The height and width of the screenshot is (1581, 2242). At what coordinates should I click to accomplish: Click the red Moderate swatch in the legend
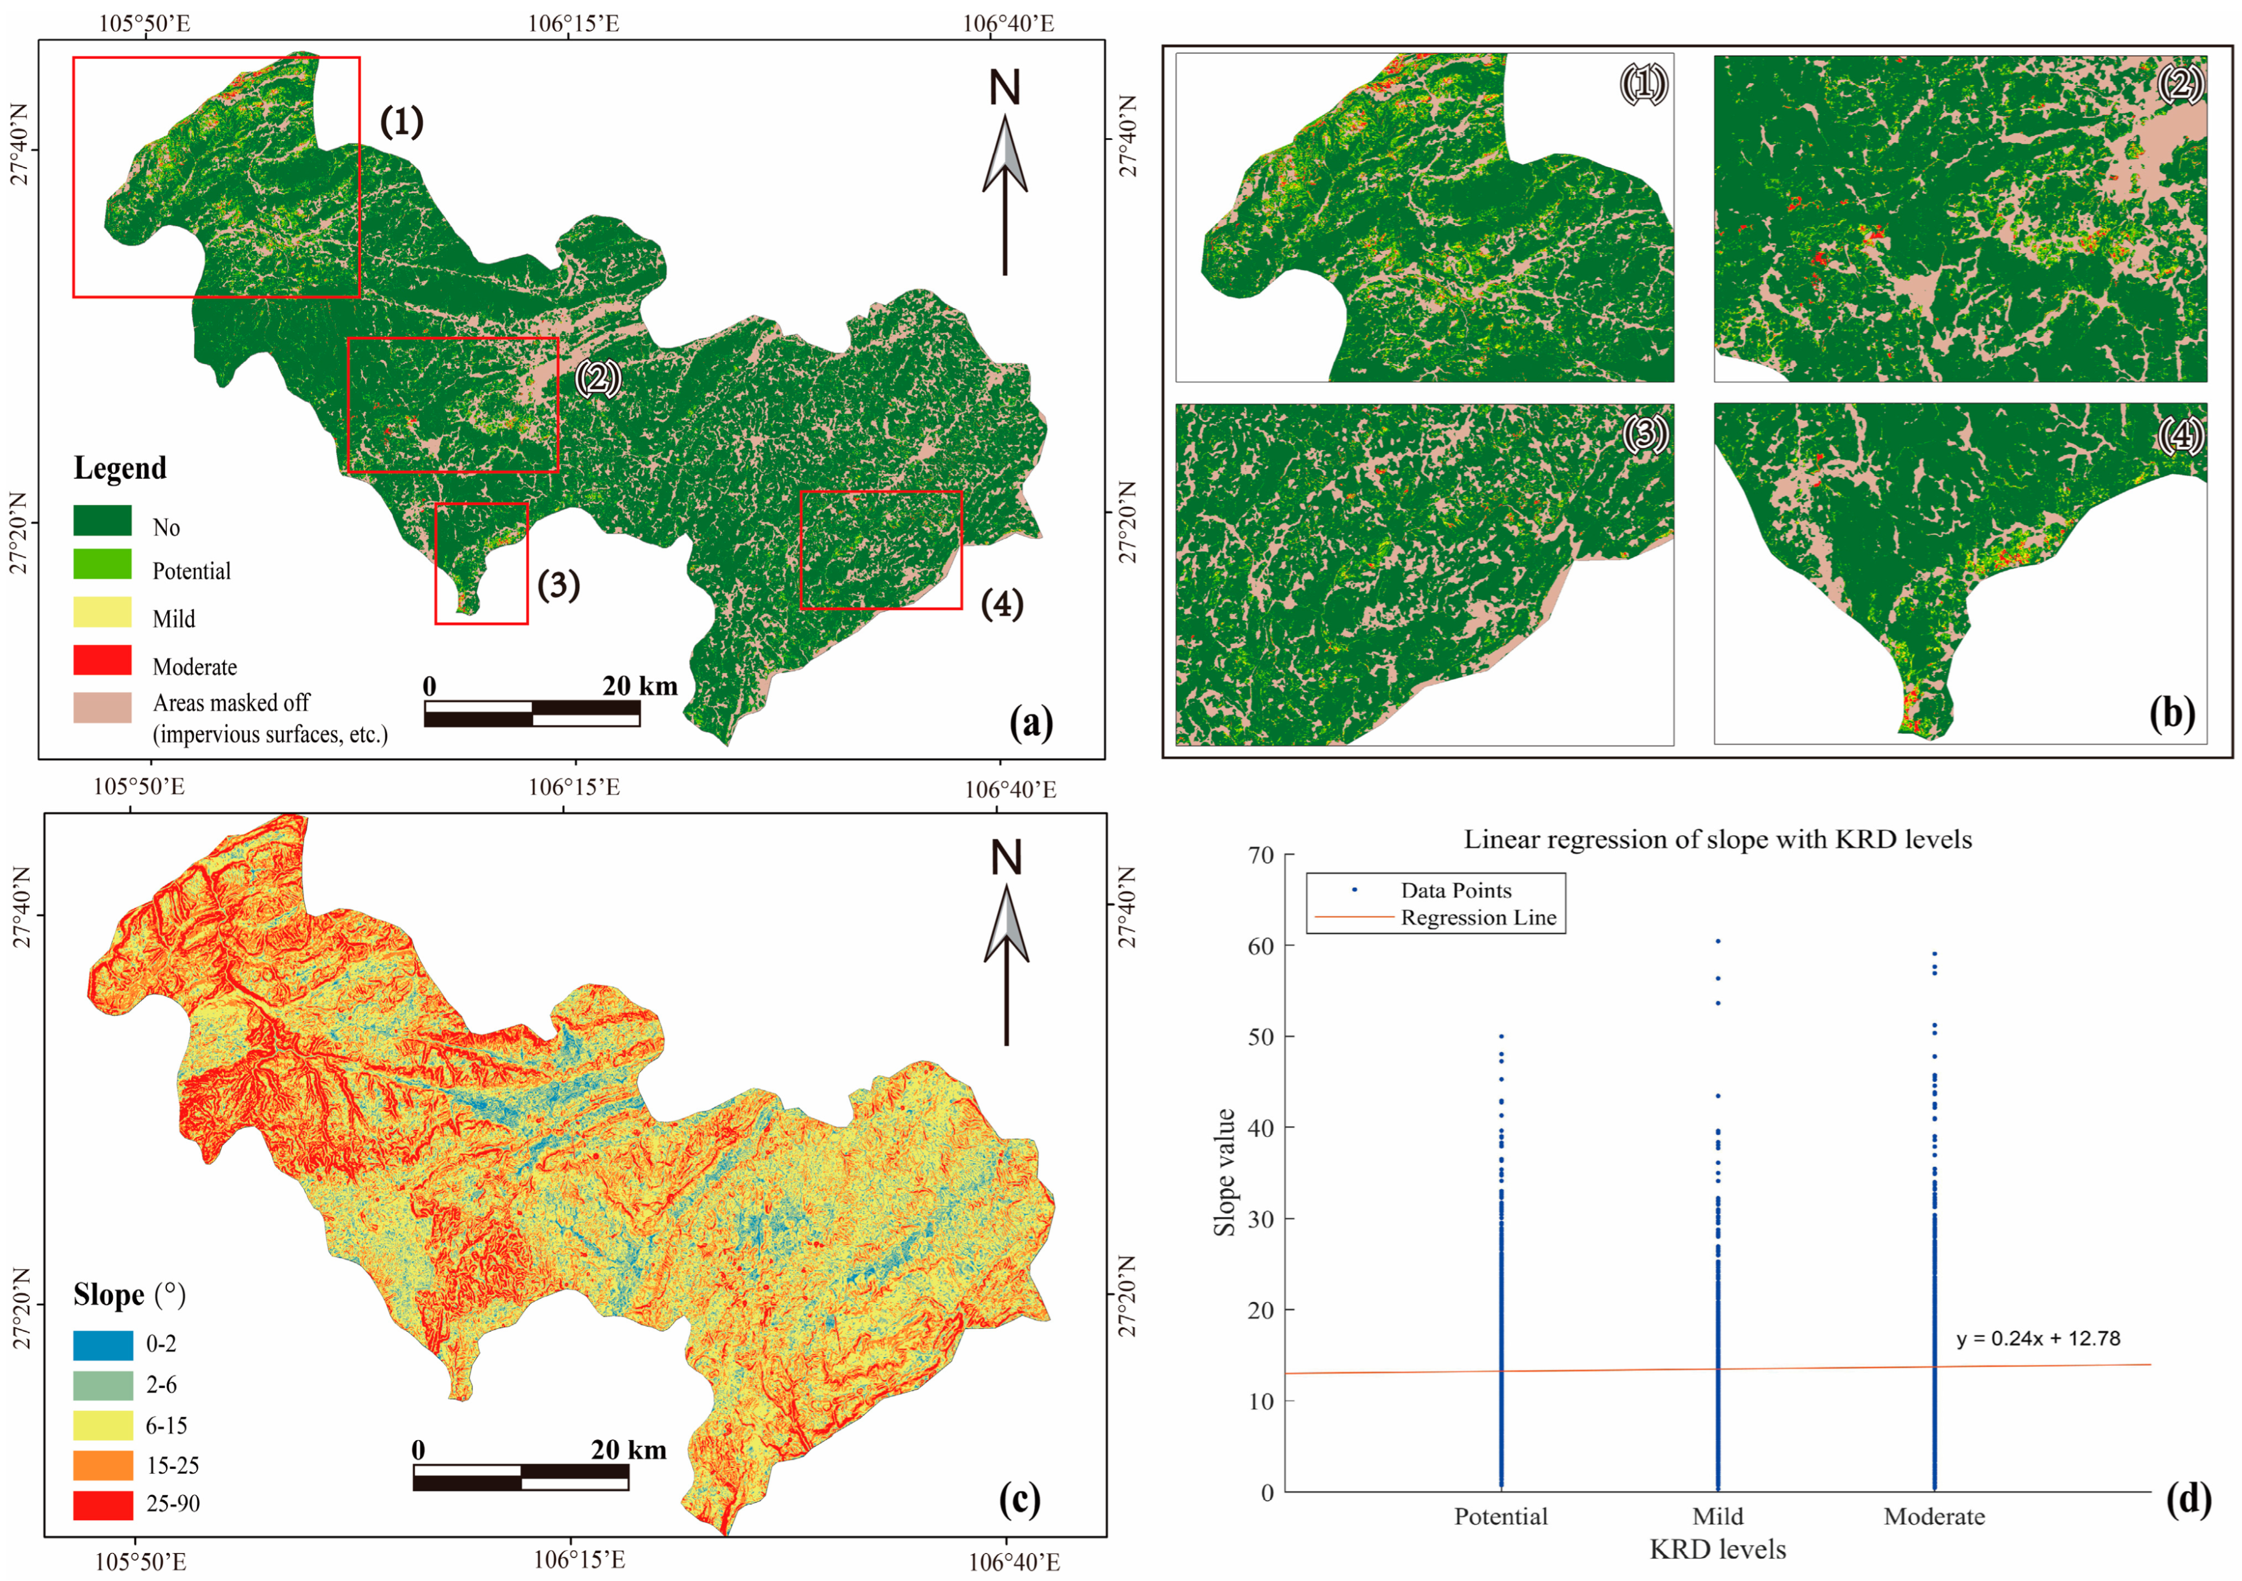coord(103,659)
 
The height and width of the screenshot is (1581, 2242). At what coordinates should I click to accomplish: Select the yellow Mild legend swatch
coord(103,612)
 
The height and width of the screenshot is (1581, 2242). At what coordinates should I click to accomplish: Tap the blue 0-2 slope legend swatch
coord(103,1344)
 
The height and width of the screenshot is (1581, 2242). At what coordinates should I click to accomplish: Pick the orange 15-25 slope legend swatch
coord(103,1465)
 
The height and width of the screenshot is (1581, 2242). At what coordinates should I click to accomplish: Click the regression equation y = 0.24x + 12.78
coord(2038,1338)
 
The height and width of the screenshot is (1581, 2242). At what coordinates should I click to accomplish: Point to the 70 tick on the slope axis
coord(1261,855)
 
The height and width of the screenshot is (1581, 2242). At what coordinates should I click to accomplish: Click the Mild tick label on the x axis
coord(1718,1516)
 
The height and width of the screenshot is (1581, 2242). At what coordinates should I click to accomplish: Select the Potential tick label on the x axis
coord(1501,1516)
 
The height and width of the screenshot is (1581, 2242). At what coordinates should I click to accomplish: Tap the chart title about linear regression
coord(1718,840)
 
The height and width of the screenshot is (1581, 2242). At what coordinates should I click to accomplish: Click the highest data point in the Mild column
coord(1718,941)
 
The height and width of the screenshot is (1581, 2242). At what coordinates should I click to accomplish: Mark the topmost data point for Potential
coord(1501,1036)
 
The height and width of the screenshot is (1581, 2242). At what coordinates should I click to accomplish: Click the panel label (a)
coord(1031,723)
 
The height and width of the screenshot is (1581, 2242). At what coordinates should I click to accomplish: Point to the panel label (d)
coord(2188,1499)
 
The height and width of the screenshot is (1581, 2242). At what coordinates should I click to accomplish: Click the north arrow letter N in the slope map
coord(1006,858)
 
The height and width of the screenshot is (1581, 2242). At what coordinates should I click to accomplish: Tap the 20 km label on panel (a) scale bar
coord(639,686)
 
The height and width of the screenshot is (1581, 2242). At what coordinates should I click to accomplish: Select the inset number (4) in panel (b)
coord(2181,435)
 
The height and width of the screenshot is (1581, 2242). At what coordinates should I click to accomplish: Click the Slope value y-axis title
coord(1224,1173)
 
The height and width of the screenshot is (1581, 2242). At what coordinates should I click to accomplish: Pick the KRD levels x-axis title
coord(1718,1549)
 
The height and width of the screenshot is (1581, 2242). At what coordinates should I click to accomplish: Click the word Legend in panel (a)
coord(120,468)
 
